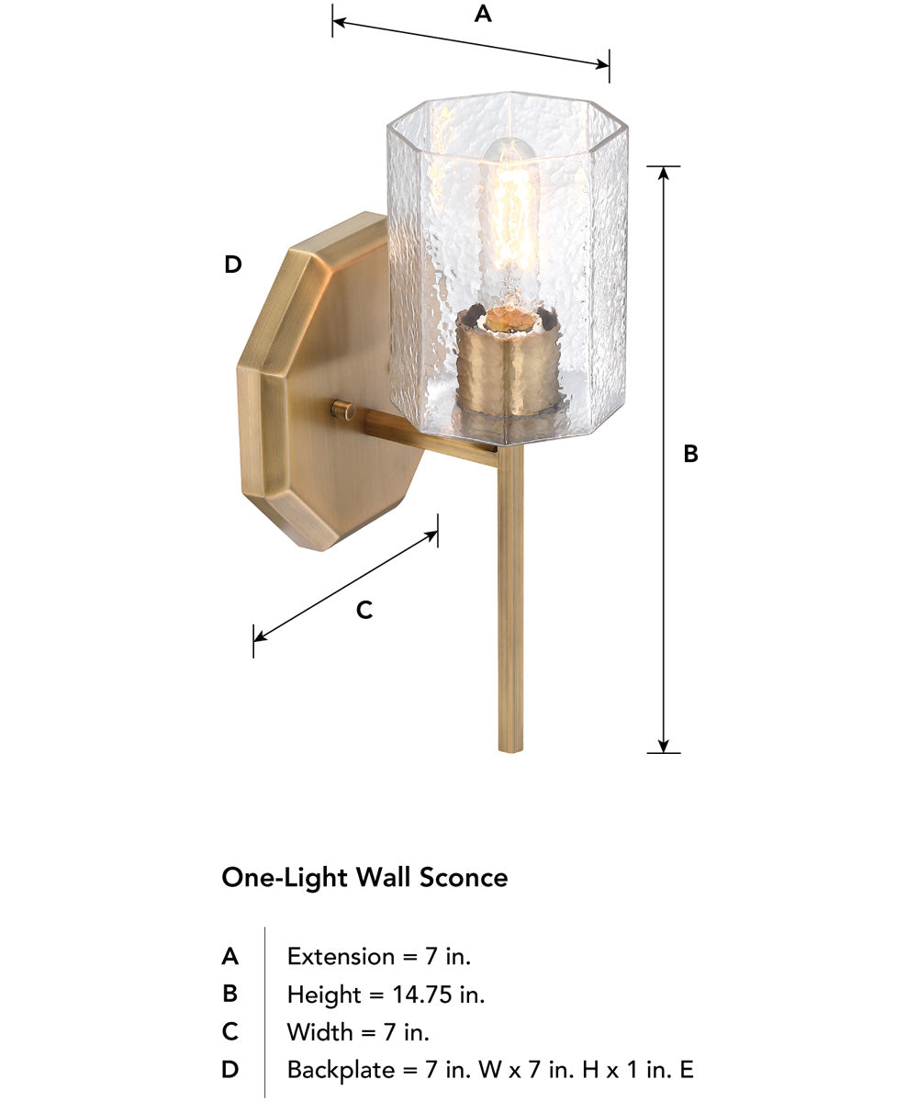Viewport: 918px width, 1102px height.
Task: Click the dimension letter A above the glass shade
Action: click(483, 15)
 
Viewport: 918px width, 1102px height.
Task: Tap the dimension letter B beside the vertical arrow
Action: click(691, 454)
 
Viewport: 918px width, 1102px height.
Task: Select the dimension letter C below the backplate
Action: click(364, 610)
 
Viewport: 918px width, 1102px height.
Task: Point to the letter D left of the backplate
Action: click(233, 265)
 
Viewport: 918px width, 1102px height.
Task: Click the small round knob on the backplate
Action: click(345, 410)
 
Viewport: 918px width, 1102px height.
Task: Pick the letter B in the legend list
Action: click(229, 994)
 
